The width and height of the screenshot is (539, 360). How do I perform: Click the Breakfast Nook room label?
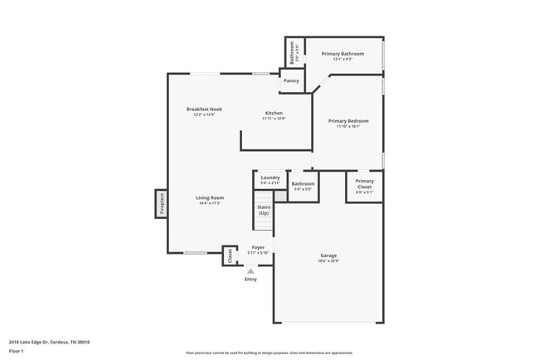tap(204, 109)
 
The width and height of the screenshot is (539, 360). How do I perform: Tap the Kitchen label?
tap(274, 114)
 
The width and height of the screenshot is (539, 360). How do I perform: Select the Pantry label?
tap(291, 80)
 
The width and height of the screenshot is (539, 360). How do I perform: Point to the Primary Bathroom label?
tap(342, 54)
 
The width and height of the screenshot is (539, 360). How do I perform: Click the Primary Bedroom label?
tap(348, 121)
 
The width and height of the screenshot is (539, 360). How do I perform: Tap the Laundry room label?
tap(270, 178)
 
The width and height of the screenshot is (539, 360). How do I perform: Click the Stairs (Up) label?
tap(264, 211)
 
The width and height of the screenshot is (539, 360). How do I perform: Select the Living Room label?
tap(210, 198)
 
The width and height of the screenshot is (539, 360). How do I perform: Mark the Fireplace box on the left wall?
tap(161, 204)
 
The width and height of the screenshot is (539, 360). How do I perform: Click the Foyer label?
tap(258, 247)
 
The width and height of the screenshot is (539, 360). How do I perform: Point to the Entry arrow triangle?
tap(250, 270)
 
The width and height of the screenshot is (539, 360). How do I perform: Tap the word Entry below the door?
tap(250, 279)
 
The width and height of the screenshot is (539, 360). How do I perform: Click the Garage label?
tap(329, 255)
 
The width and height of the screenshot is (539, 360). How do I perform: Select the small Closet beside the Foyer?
tap(230, 256)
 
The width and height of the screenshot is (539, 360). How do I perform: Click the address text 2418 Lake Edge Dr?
tap(49, 342)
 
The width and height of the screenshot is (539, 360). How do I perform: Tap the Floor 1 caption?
tap(17, 351)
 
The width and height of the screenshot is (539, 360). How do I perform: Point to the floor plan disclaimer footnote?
tap(269, 352)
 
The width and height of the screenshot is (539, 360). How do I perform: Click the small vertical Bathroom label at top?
tap(292, 54)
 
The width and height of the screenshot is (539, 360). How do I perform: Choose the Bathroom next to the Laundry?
tap(303, 184)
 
